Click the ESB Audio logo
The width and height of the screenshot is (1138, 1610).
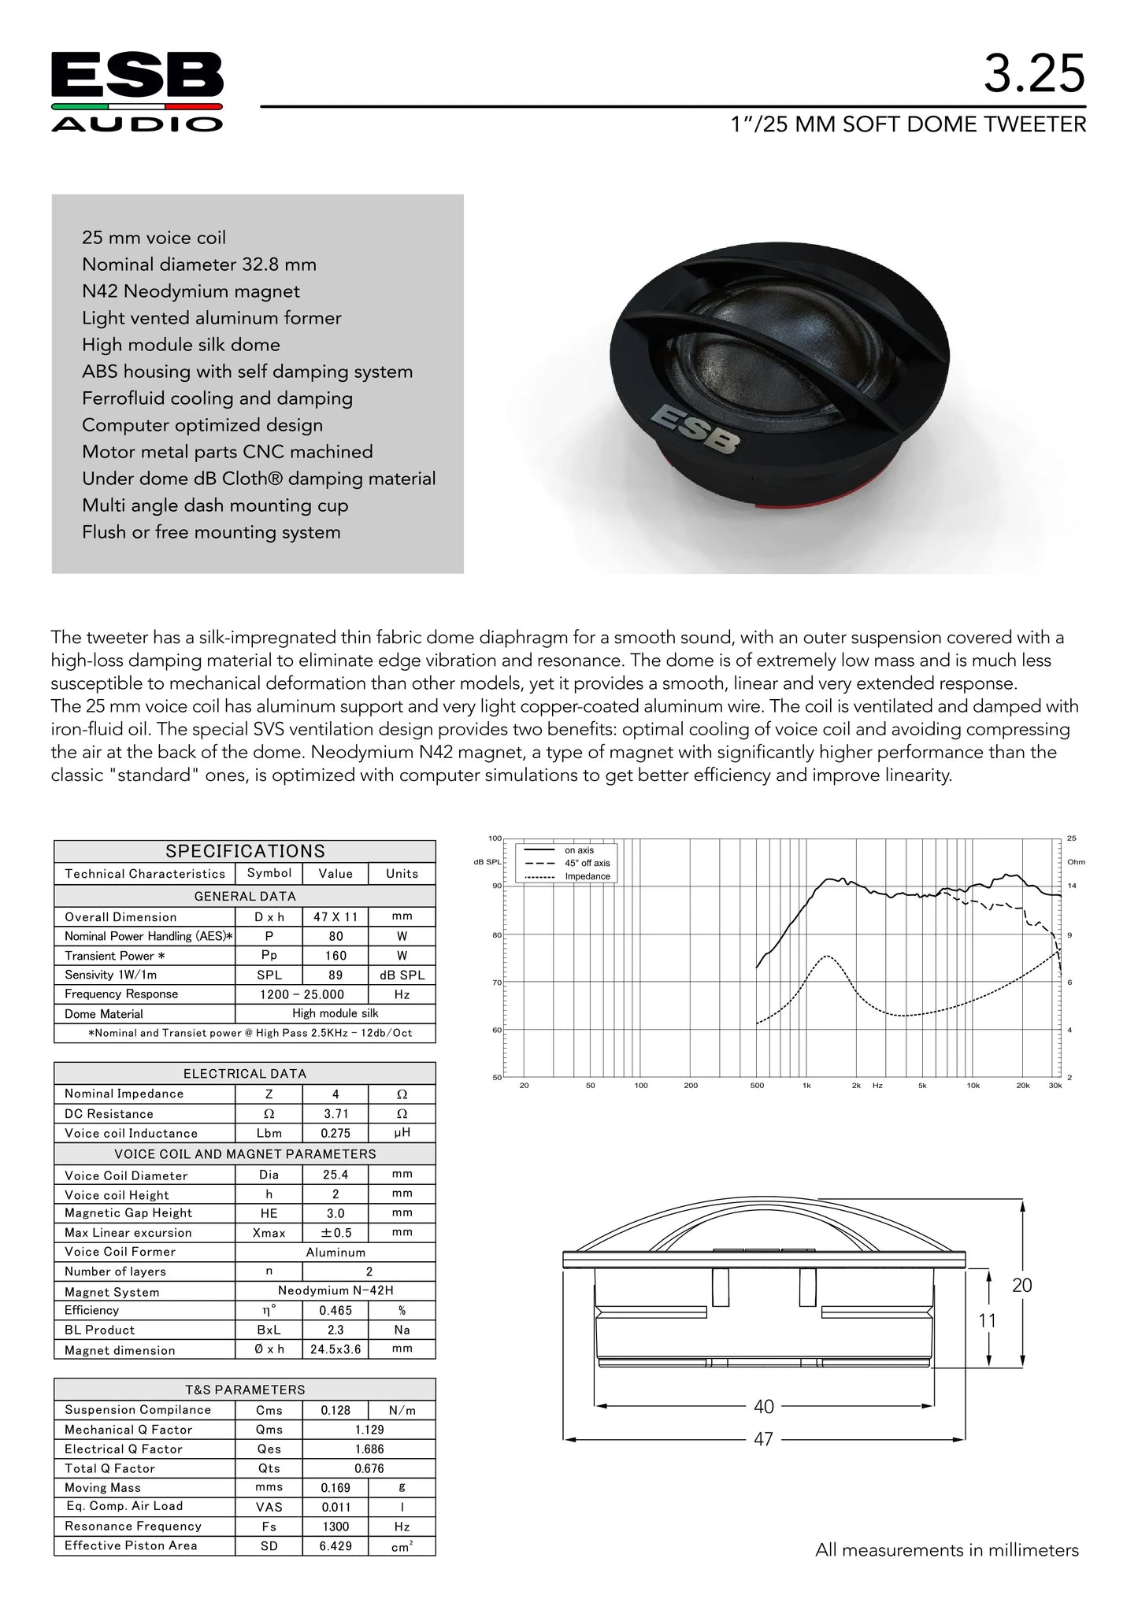(137, 91)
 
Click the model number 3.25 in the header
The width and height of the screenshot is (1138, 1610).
(1033, 75)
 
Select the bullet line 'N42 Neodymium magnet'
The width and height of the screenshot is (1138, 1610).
(191, 291)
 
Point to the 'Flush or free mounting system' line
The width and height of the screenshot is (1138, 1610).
(211, 532)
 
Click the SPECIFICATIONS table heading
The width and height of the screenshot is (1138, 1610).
(245, 851)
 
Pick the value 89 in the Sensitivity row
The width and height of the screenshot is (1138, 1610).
(335, 975)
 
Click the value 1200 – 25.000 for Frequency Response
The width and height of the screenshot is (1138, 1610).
(302, 994)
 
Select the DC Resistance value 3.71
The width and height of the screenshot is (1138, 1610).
(335, 1113)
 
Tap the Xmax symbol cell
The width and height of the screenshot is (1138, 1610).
(269, 1233)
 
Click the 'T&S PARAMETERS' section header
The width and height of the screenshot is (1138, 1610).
(245, 1390)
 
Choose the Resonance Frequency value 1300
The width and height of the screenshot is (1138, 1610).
(335, 1526)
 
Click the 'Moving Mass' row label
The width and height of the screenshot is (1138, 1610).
(103, 1487)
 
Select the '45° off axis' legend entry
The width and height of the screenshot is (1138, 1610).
(587, 863)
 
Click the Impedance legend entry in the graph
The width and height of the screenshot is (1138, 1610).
(588, 876)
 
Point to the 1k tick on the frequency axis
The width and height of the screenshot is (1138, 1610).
(806, 1086)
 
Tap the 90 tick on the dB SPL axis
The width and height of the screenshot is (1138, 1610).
(495, 886)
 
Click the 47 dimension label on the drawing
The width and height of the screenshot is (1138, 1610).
(763, 1439)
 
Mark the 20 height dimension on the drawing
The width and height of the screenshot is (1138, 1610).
(1021, 1285)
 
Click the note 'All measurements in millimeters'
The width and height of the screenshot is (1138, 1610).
(947, 1550)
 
